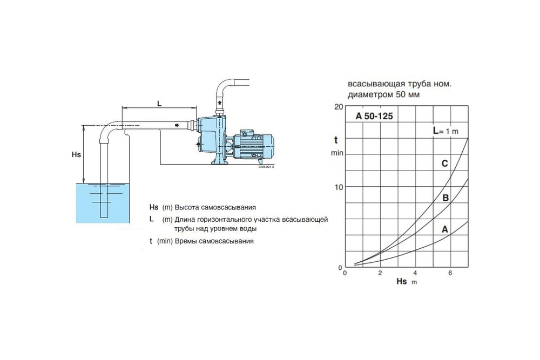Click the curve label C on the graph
[x=444, y=163]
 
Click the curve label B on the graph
[x=446, y=198]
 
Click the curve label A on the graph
[x=445, y=229]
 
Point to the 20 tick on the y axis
[x=339, y=106]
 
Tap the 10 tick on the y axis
[x=339, y=187]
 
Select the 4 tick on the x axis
[x=415, y=273]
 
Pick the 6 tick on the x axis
[x=450, y=273]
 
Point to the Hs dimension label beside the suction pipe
[x=76, y=154]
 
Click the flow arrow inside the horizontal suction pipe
[x=177, y=125]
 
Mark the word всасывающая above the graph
[x=373, y=85]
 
